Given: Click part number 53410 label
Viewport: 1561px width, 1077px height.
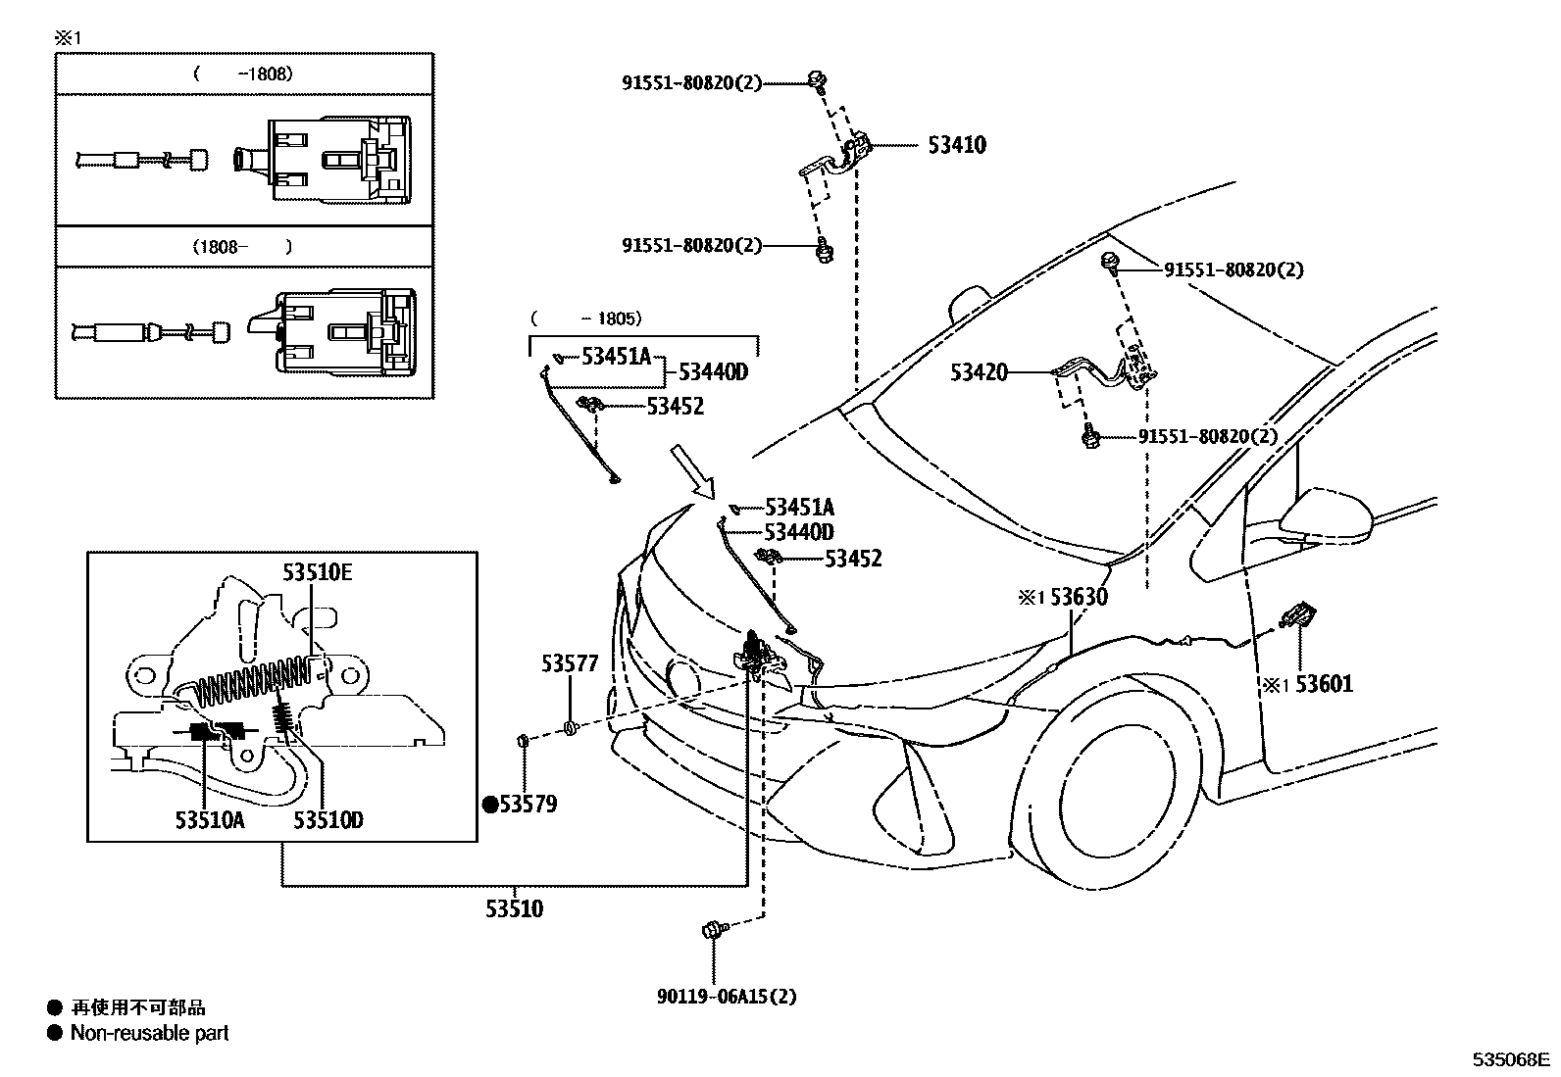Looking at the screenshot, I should [956, 146].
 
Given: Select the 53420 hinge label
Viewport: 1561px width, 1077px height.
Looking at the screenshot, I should [979, 372].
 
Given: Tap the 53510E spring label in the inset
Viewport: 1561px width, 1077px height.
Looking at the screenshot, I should [317, 572].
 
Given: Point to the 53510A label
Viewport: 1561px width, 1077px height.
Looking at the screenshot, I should [210, 819].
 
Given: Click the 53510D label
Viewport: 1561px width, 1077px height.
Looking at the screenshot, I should [328, 819].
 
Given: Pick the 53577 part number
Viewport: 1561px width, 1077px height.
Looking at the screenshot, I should [570, 663].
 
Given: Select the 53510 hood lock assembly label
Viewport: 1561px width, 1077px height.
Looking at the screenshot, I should [514, 908].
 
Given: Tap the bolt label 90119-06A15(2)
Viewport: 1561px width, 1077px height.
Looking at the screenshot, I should [727, 997].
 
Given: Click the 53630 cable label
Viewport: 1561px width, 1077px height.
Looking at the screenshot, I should [1079, 597].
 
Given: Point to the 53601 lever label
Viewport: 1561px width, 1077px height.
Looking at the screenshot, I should [1323, 683].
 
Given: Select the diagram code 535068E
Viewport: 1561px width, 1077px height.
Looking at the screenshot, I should [1510, 1059].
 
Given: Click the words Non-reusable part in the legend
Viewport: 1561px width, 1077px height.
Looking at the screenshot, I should [149, 1033].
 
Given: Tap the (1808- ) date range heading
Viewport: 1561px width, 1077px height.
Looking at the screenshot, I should [242, 247].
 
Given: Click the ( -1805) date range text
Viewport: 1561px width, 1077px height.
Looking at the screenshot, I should [585, 318].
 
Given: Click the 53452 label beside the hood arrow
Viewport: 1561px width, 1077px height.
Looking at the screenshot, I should [852, 559].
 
